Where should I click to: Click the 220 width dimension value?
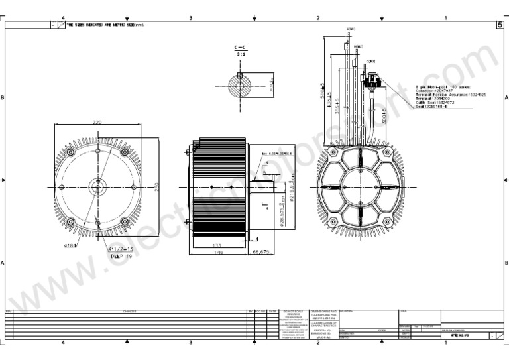pos(97,122)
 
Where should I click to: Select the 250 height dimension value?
pos(157,188)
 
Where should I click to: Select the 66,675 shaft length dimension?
pos(260,253)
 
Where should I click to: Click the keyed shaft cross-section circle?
pos(239,84)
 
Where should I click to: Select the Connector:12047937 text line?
pos(434,91)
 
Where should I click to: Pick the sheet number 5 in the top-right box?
pos(499,25)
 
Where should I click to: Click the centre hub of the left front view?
pos(97,188)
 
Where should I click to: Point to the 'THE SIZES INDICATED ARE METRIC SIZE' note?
pos(104,25)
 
